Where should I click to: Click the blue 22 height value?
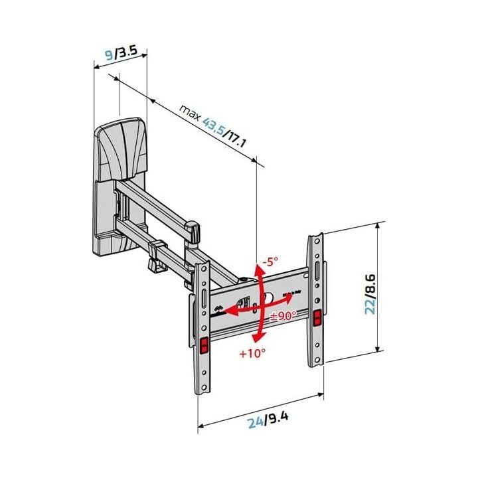point(374,303)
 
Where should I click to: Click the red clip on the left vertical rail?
point(204,345)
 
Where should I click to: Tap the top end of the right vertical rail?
point(315,237)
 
